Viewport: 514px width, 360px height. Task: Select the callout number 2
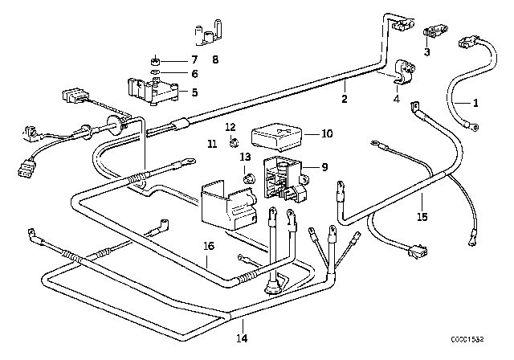point(345,100)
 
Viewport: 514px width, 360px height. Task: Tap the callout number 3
point(426,53)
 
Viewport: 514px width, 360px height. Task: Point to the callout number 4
point(395,100)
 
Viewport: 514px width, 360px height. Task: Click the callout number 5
point(194,92)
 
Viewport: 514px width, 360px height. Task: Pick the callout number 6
point(194,74)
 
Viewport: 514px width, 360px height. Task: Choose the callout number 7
point(194,60)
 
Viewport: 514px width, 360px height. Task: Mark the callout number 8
point(214,60)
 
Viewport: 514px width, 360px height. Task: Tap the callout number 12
point(230,128)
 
